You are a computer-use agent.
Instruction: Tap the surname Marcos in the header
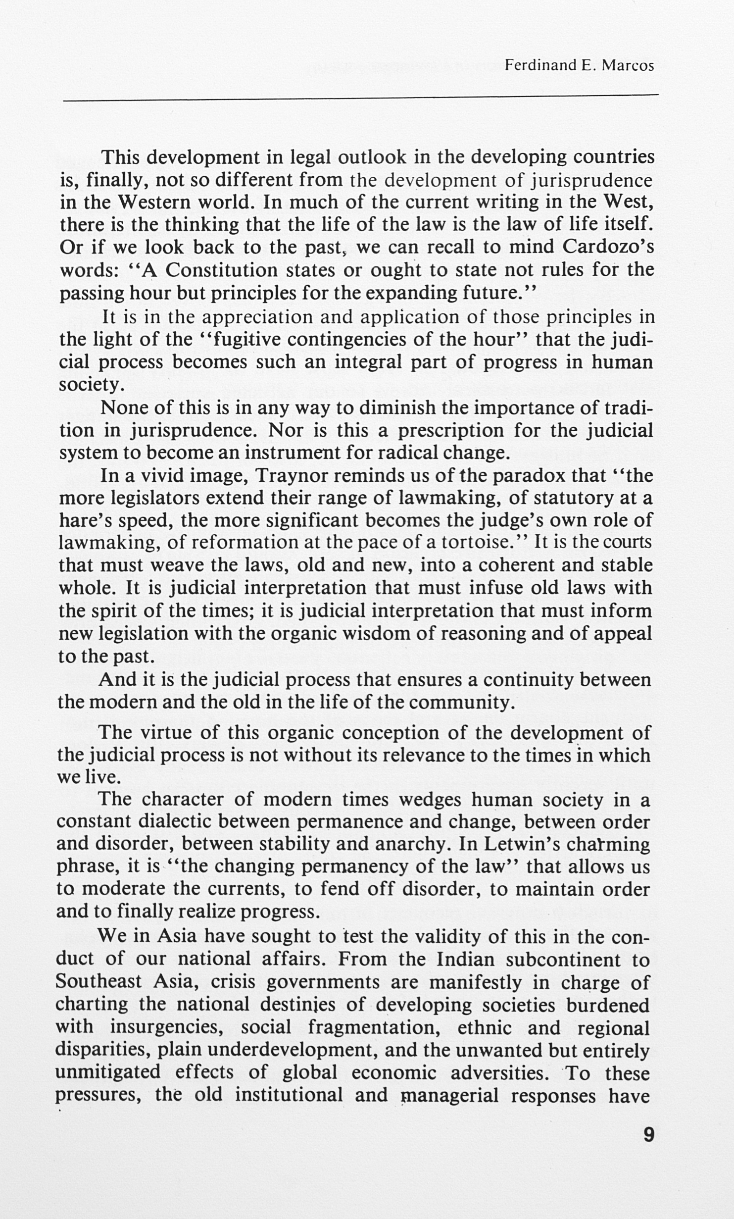pyautogui.click(x=628, y=65)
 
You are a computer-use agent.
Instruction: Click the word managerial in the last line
pyautogui.click(x=450, y=1095)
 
